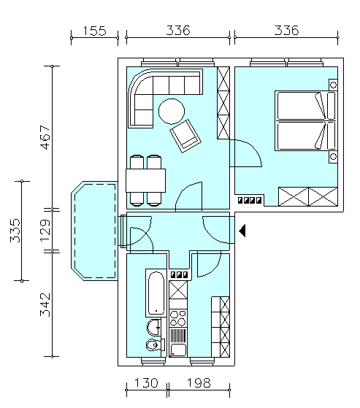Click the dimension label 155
(94, 31)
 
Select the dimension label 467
(45, 137)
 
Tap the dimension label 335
(15, 231)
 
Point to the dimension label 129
(45, 231)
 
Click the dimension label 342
(45, 304)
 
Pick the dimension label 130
(146, 382)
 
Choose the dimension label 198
(199, 382)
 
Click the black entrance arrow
(242, 231)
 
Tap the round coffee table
(172, 112)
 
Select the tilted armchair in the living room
(185, 136)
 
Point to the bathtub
(156, 293)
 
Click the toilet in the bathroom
(156, 345)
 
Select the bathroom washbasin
(154, 328)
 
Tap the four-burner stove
(178, 318)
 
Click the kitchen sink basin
(178, 350)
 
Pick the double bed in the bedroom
(306, 120)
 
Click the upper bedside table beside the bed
(333, 85)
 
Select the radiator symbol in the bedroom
(250, 200)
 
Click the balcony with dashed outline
(94, 231)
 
